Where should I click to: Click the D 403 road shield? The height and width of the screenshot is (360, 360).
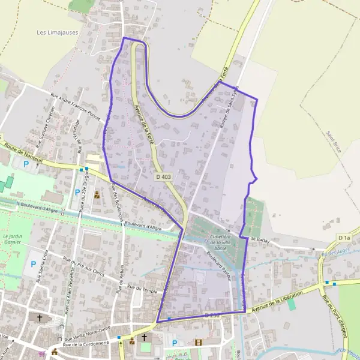(x=163, y=177)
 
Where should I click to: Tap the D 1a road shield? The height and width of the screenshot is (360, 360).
(x=344, y=238)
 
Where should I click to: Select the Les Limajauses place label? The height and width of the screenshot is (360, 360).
(x=58, y=32)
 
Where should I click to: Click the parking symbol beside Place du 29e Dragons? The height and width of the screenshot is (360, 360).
(x=77, y=193)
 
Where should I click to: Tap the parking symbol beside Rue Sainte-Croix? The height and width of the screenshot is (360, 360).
(x=32, y=265)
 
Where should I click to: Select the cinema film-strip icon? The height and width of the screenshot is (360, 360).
(x=199, y=343)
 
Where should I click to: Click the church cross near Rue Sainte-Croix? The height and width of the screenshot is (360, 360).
(x=40, y=318)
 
